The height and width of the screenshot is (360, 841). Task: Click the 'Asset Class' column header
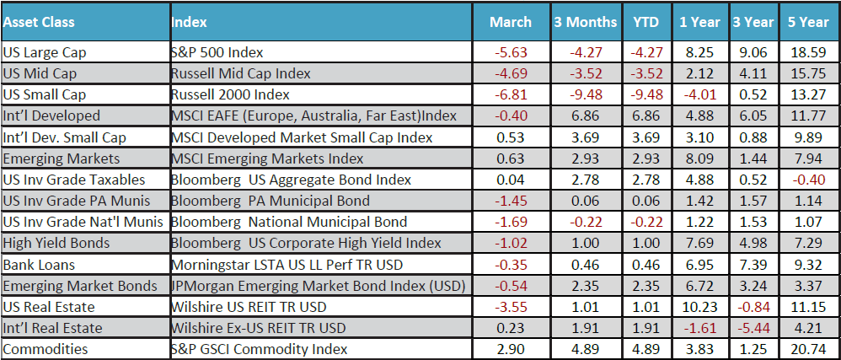pyautogui.click(x=39, y=22)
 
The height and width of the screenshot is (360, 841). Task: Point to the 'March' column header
pyautogui.click(x=511, y=22)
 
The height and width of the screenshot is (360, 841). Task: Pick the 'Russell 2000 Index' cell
pyautogui.click(x=229, y=94)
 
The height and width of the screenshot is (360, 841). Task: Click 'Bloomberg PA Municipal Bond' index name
pyautogui.click(x=270, y=201)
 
